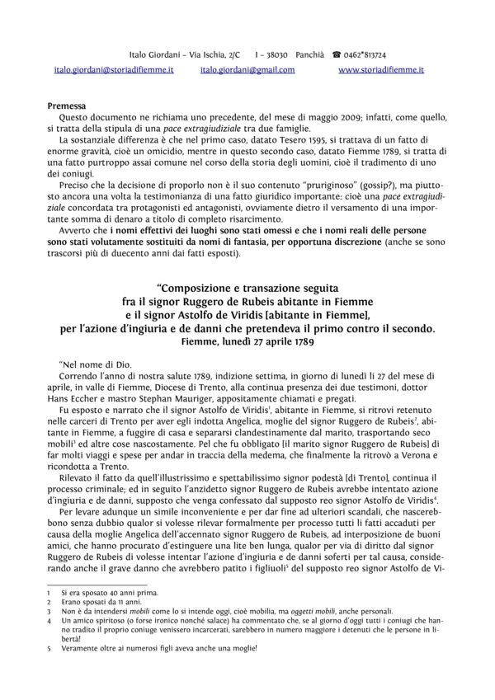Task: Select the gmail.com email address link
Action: pyautogui.click(x=247, y=71)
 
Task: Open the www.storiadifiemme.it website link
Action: pyautogui.click(x=381, y=71)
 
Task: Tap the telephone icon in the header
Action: pyautogui.click(x=337, y=53)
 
